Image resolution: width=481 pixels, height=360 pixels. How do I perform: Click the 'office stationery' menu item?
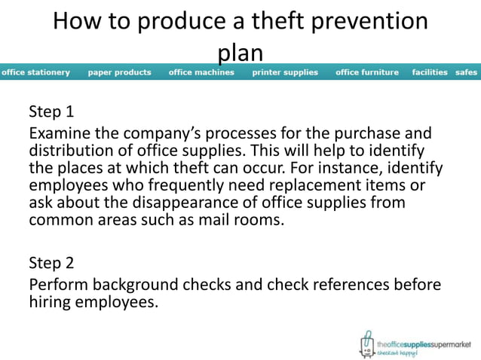(x=35, y=72)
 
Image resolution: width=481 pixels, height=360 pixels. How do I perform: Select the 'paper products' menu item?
(x=119, y=72)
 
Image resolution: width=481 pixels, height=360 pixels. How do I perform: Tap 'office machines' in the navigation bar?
(x=201, y=72)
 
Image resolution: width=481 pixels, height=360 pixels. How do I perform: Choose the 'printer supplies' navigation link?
(x=285, y=72)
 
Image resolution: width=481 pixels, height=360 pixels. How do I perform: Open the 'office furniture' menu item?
(x=367, y=72)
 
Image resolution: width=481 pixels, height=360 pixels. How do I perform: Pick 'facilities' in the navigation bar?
(x=430, y=72)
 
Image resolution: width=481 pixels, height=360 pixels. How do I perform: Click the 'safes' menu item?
(x=467, y=72)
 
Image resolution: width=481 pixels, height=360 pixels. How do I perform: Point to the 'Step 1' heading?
(x=51, y=113)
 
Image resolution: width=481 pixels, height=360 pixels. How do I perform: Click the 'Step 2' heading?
(x=51, y=263)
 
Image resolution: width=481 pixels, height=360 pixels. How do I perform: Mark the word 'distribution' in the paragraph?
(x=72, y=150)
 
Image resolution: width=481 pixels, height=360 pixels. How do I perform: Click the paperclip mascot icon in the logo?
(x=367, y=343)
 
